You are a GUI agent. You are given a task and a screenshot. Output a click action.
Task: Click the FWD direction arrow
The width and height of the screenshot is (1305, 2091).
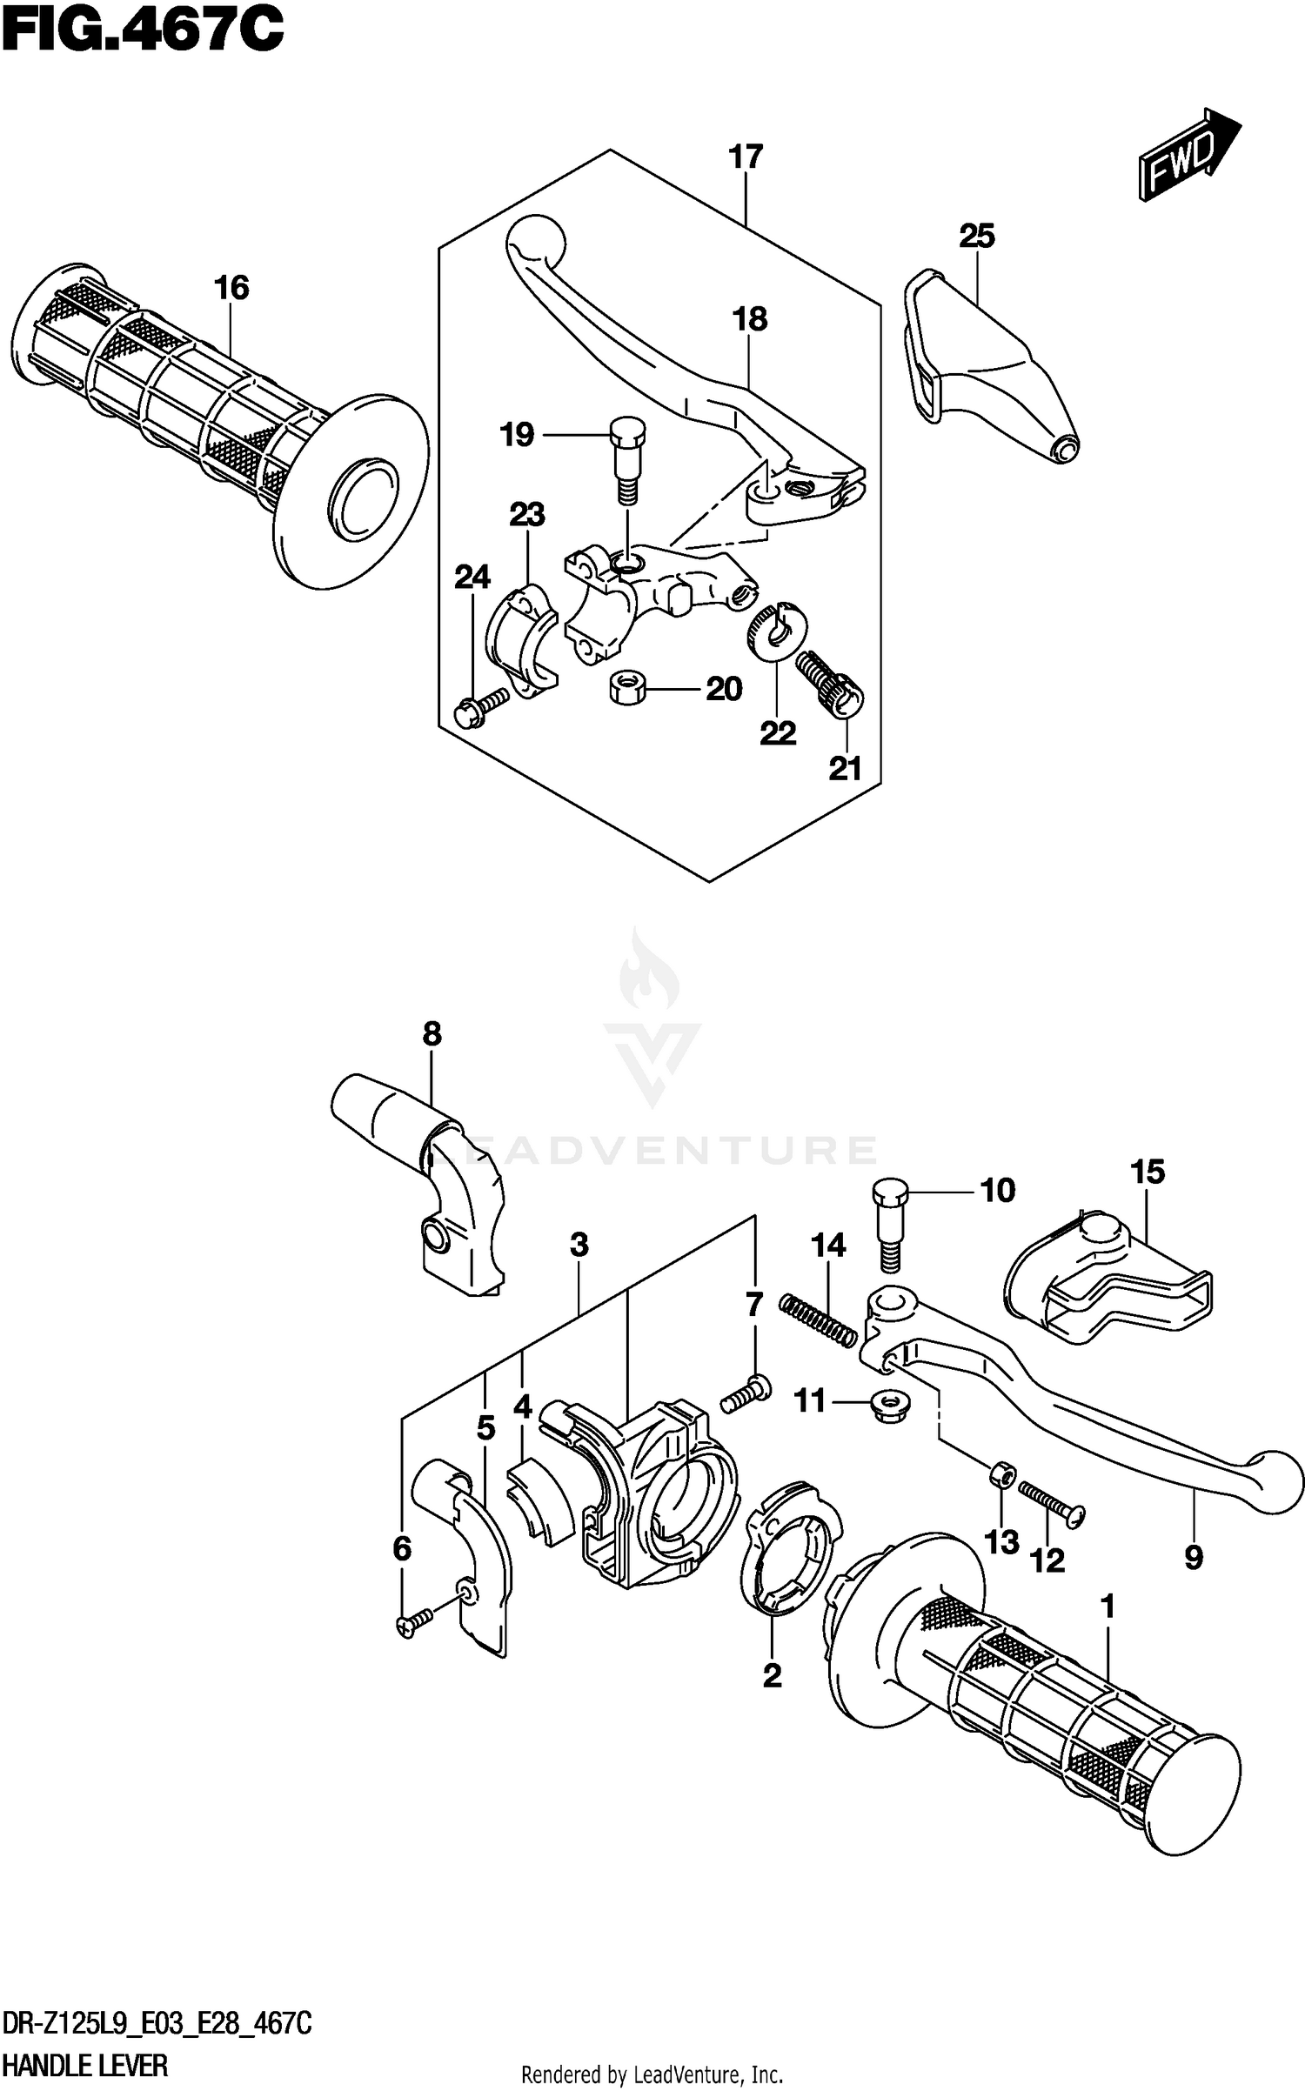[1188, 157]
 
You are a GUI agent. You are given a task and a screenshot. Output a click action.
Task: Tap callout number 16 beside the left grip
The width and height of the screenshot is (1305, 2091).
[231, 288]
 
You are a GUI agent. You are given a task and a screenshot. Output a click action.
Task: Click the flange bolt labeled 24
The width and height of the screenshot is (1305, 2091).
[479, 705]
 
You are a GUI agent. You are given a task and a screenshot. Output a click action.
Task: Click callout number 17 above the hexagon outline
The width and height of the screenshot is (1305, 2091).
[746, 157]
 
